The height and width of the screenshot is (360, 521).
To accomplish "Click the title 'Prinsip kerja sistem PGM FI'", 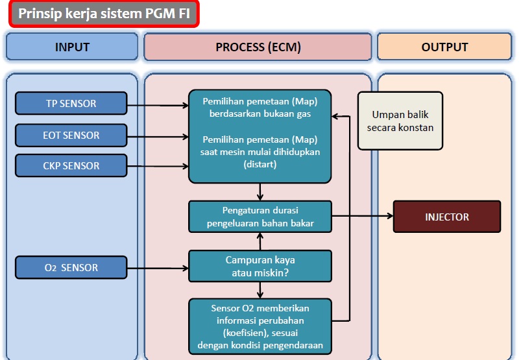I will pos(104,14).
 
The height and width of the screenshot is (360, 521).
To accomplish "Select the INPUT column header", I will pos(72,47).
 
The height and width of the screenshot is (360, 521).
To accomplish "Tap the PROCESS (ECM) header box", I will pos(258,47).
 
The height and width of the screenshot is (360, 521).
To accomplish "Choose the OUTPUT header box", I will pos(444,47).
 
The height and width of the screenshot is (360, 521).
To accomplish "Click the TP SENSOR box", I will pos(71,103).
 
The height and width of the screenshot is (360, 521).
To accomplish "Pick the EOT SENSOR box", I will pos(71,135).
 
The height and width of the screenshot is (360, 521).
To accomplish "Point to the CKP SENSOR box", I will pos(71,165).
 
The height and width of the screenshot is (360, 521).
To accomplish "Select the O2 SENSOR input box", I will pos(71,267).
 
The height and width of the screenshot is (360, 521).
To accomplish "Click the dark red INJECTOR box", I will pos(447,217).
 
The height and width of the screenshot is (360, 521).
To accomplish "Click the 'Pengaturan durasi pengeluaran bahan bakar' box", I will pos(260,217).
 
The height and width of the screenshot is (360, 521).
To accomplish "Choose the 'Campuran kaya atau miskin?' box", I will pos(260,267).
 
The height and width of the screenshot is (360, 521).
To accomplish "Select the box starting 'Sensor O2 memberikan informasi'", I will pos(260,326).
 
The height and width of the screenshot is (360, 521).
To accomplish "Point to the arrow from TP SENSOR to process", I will pos(158,104).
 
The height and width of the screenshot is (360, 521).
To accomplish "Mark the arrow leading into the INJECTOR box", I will pos(363,216).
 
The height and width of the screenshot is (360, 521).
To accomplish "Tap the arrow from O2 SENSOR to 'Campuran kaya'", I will pos(158,267).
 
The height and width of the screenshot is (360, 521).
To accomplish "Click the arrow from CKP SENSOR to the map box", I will pos(158,166).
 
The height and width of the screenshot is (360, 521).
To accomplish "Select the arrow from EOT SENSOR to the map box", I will pos(158,136).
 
